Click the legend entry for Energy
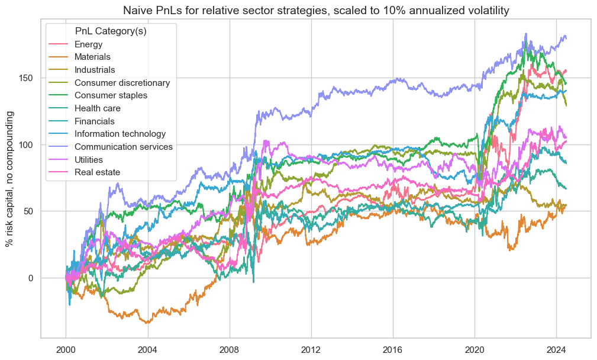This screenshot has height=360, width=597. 87,44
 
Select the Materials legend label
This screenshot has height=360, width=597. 92,57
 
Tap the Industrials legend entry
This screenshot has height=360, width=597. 93,70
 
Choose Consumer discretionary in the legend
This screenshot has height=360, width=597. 122,83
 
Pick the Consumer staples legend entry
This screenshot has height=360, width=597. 111,95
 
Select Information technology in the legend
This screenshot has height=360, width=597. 120,134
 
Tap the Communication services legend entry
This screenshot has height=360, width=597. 124,146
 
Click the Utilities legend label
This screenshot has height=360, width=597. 89,159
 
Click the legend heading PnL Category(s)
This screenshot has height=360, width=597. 111,31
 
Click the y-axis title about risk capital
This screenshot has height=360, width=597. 11,178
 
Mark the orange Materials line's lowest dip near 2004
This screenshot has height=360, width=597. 147,323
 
